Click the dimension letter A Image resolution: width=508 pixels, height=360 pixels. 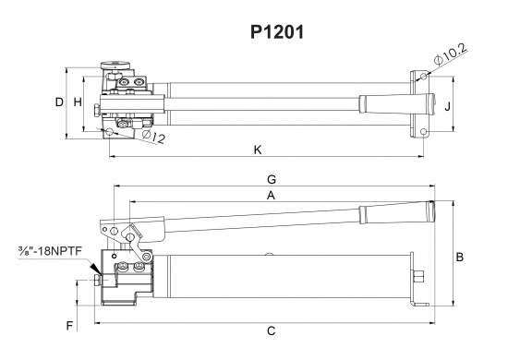pyautogui.click(x=271, y=196)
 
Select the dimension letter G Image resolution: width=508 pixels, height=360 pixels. pyautogui.click(x=271, y=178)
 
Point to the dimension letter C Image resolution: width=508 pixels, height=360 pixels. pyautogui.click(x=271, y=330)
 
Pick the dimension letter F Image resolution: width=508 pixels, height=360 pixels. pyautogui.click(x=69, y=325)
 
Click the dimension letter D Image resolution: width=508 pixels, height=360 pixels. pyautogui.click(x=58, y=102)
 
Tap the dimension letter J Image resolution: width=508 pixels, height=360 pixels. pyautogui.click(x=447, y=106)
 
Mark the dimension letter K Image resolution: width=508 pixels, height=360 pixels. pyautogui.click(x=258, y=149)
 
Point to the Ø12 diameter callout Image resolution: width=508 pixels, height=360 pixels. pyautogui.click(x=154, y=138)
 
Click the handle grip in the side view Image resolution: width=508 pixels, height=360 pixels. pyautogui.click(x=397, y=211)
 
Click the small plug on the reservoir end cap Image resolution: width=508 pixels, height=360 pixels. pyautogui.click(x=420, y=274)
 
